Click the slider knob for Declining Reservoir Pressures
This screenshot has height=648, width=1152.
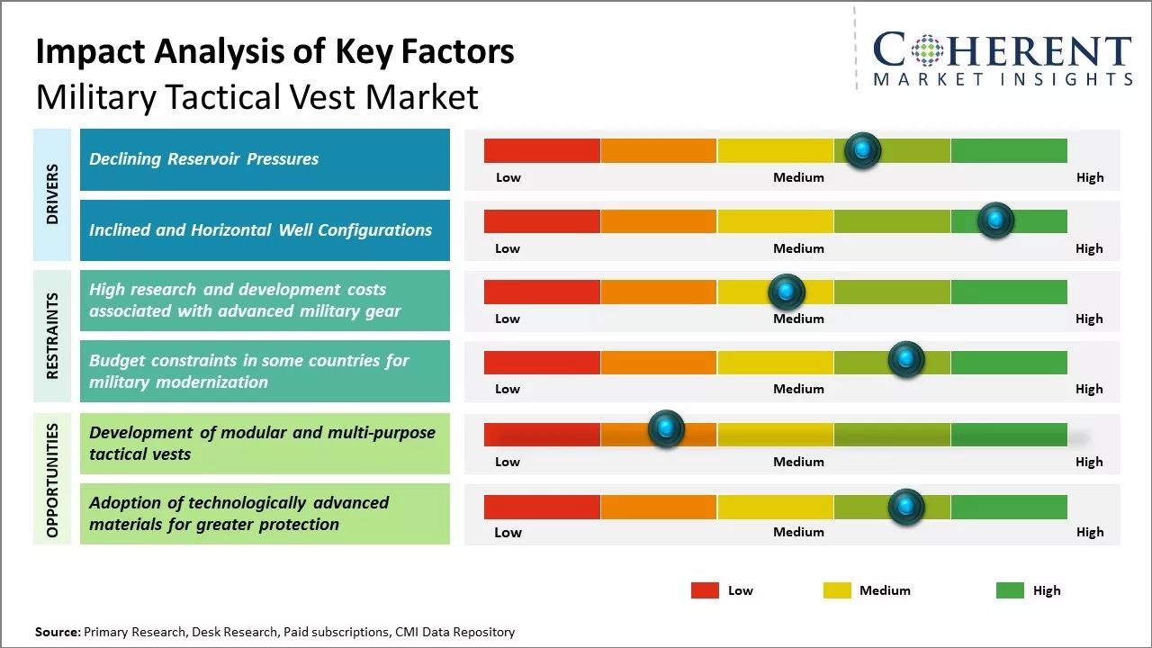click(863, 150)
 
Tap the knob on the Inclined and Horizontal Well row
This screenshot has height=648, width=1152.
click(995, 220)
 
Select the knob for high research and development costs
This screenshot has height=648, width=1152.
click(786, 292)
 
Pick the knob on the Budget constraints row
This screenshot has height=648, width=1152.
click(906, 360)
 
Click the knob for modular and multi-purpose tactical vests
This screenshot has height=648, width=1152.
click(666, 429)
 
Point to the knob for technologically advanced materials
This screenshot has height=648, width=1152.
click(906, 508)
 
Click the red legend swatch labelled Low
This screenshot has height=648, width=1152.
click(705, 590)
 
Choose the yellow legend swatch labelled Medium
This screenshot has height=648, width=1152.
click(837, 590)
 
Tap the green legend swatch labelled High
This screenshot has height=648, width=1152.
click(1010, 590)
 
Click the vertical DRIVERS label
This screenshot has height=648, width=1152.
click(52, 193)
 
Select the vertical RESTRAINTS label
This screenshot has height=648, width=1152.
click(52, 336)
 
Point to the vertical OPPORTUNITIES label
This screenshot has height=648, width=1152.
click(52, 480)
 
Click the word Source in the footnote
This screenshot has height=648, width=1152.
click(58, 632)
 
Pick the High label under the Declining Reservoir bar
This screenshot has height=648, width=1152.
click(1090, 177)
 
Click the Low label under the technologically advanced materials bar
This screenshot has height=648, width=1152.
click(508, 532)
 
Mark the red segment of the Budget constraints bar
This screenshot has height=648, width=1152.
click(542, 363)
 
